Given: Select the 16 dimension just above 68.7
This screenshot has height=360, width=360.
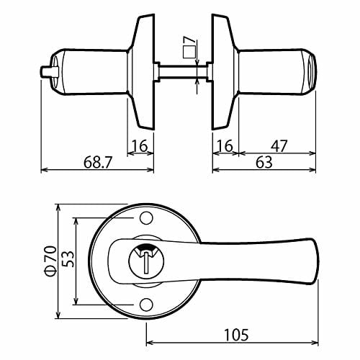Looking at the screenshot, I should coord(142,146).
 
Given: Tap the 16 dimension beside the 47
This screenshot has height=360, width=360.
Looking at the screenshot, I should coord(225,146).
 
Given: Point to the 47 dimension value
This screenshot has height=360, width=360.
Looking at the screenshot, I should coord(276,146).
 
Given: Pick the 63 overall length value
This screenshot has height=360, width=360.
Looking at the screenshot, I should coord(264,163).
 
